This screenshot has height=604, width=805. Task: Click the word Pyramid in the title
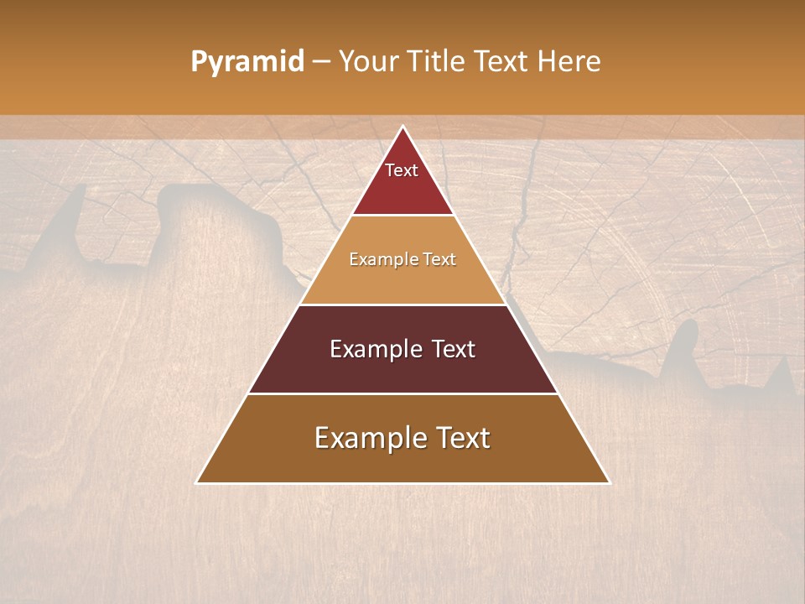[x=247, y=62]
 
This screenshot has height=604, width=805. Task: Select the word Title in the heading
[x=439, y=61]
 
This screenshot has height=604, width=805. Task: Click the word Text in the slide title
[x=502, y=61]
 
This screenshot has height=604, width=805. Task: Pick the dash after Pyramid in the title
[x=321, y=62]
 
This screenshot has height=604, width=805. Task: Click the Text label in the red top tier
[x=402, y=170]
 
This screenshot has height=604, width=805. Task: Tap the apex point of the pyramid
[x=403, y=126]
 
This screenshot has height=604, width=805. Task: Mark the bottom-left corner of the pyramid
[x=197, y=483]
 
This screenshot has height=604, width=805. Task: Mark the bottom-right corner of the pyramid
[x=610, y=483]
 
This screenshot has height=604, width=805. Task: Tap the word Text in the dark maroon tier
[x=454, y=349]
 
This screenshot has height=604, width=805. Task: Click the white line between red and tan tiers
[x=403, y=216]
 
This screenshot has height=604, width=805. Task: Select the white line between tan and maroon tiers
[x=403, y=305]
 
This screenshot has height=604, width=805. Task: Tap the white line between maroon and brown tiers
[x=403, y=393]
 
